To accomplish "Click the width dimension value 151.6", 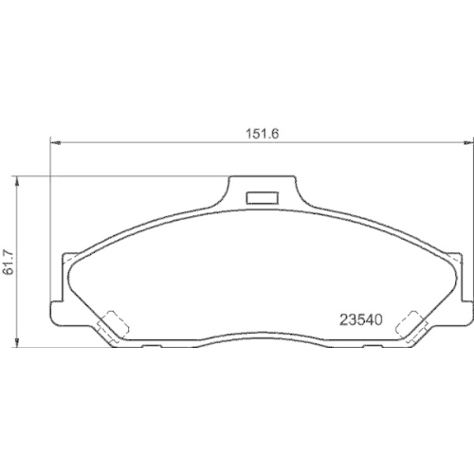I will coord(262,133).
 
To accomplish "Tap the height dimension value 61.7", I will coord(10,263).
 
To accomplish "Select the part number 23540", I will coord(360,319).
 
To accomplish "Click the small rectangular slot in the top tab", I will coord(260,198).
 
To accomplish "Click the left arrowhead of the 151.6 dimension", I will coord(54,144).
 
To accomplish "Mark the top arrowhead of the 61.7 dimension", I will coord(19,180).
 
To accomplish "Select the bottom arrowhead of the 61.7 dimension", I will coord(19,343).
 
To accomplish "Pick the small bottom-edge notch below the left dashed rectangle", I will coord(152,347).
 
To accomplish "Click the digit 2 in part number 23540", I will coord(344,319).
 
